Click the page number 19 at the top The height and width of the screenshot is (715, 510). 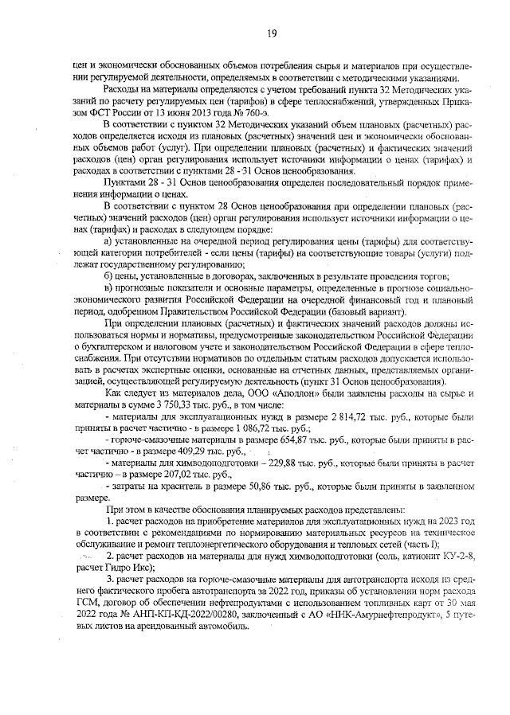272,33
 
